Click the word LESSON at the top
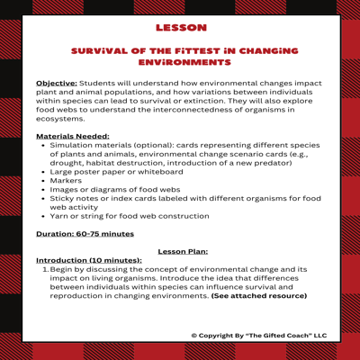(x=180, y=28)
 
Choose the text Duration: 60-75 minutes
(x=85, y=233)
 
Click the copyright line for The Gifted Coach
(x=259, y=335)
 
